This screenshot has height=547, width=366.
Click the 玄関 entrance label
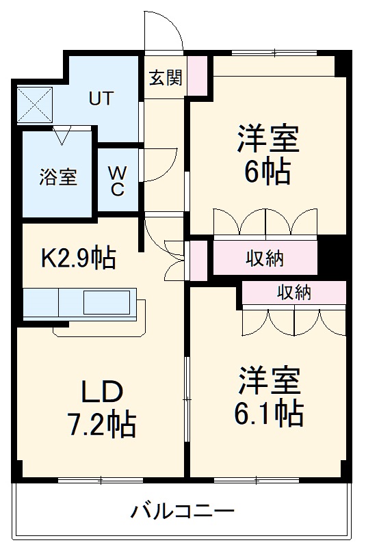(x=166, y=78)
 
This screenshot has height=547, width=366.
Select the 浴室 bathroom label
(x=57, y=177)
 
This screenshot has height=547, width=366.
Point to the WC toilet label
(x=117, y=181)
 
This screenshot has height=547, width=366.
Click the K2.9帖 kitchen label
(x=79, y=258)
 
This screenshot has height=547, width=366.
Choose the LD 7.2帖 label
(x=103, y=408)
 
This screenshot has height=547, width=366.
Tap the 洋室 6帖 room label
(x=267, y=155)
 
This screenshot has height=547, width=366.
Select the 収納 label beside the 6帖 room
(x=265, y=258)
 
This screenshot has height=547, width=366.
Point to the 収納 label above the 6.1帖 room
(x=294, y=293)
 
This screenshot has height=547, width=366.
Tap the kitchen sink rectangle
(x=106, y=302)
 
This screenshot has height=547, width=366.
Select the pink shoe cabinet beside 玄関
(x=197, y=76)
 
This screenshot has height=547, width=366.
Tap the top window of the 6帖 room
(x=274, y=52)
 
